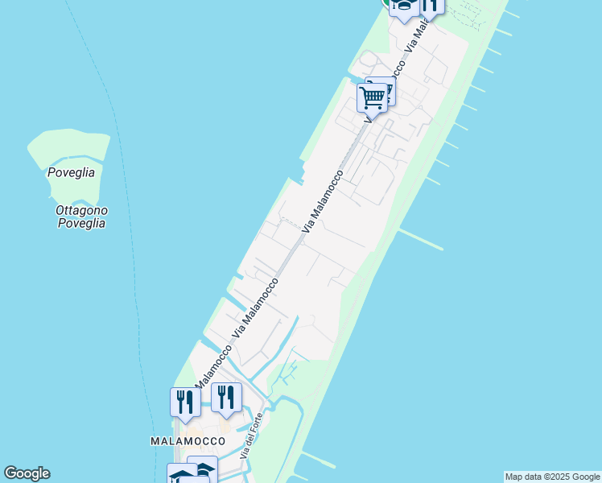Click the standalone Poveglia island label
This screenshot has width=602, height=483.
tap(71, 172)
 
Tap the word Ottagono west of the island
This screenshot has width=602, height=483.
tap(81, 210)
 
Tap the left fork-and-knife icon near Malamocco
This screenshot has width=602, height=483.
tap(185, 402)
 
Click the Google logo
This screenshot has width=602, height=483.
tap(27, 473)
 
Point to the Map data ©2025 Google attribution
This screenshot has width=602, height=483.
tap(553, 477)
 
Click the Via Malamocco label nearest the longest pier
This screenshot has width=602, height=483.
tap(322, 202)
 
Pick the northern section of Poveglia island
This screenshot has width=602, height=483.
tap(68, 147)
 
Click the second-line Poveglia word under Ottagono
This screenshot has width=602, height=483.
tap(81, 223)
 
